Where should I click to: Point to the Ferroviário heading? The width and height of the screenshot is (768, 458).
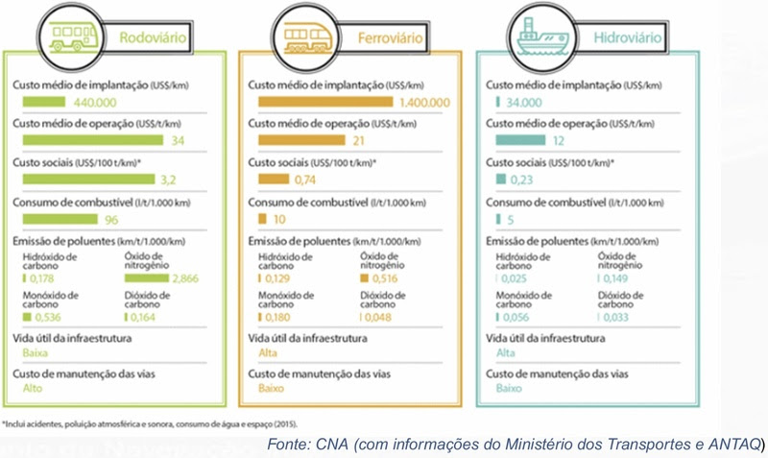[x=388, y=39]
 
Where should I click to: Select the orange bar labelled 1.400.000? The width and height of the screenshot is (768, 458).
[x=321, y=101]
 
